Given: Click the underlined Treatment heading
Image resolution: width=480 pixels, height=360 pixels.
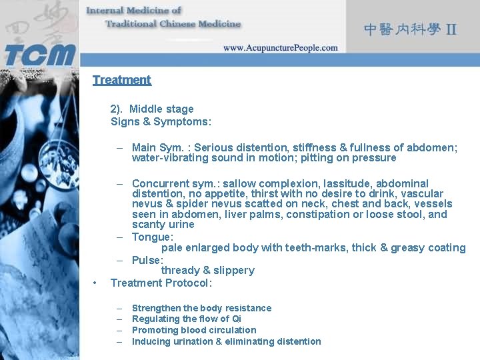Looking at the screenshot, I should (122, 80).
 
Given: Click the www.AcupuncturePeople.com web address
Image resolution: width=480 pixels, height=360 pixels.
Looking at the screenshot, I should (280, 48).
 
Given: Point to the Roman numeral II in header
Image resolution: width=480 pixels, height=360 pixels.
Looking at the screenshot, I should (451, 30).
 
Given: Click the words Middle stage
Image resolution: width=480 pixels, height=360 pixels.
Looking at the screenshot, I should (161, 109).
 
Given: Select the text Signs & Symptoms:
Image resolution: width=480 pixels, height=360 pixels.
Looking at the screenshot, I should (161, 121).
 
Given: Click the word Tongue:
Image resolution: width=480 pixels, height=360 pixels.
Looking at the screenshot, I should (153, 237).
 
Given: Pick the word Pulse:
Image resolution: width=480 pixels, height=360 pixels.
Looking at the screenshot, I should (147, 260).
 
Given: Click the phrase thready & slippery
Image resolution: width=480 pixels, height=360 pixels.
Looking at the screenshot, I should (208, 270).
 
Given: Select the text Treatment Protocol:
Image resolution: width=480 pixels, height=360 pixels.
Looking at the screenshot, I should (161, 283).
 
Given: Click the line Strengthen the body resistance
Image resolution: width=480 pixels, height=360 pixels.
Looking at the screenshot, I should (201, 308).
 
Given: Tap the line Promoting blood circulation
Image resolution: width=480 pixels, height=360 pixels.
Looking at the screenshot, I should (194, 330).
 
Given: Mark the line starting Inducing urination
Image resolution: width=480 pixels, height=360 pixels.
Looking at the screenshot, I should (226, 341).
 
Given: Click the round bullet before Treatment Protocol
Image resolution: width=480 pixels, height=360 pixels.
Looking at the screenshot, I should (96, 283).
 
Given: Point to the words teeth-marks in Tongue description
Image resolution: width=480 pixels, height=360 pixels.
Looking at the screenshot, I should (313, 247).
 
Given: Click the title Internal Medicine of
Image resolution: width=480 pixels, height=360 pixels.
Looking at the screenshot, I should (133, 10).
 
